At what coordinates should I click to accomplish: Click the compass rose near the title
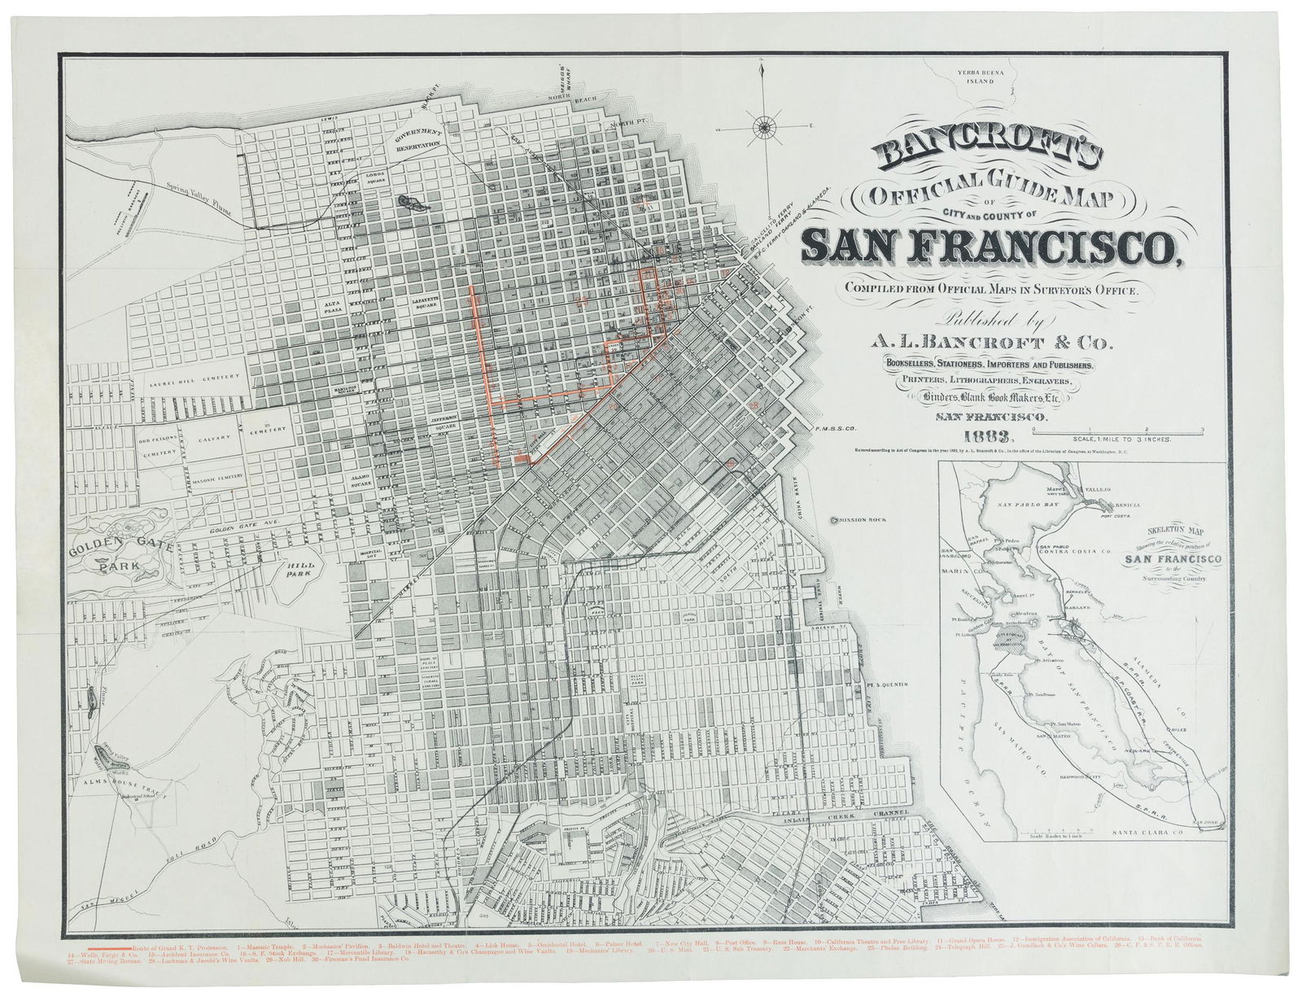pyautogui.click(x=764, y=125)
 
